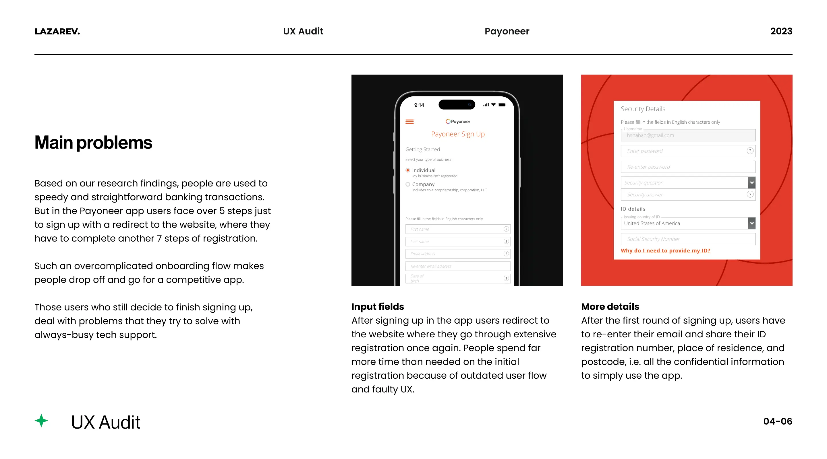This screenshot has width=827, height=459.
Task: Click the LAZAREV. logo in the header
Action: pos(57,32)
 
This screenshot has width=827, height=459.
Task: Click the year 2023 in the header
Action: pos(781,31)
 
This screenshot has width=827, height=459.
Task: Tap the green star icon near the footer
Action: pos(41,421)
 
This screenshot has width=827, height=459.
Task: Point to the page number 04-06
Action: pos(777,421)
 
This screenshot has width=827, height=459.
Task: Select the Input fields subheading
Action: pos(378,306)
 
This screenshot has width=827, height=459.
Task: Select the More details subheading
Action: pos(610,306)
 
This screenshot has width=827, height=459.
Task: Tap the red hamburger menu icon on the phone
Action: pos(409,122)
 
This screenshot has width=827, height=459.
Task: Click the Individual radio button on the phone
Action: pos(408,170)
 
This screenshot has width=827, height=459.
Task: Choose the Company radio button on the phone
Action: pos(408,184)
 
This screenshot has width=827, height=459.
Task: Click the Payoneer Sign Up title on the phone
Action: pos(457,134)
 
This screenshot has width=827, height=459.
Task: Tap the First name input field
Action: pos(454,229)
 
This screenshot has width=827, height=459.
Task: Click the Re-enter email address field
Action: pos(457,266)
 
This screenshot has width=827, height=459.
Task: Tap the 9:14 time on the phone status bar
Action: pos(419,105)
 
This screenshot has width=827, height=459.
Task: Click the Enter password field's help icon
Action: pos(750,151)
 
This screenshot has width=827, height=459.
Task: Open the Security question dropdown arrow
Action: pos(751,182)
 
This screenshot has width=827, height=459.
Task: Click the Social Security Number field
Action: pos(687,239)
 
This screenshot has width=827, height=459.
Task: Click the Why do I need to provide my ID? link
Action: pos(665,250)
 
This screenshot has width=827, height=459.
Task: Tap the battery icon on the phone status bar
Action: pos(502,105)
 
